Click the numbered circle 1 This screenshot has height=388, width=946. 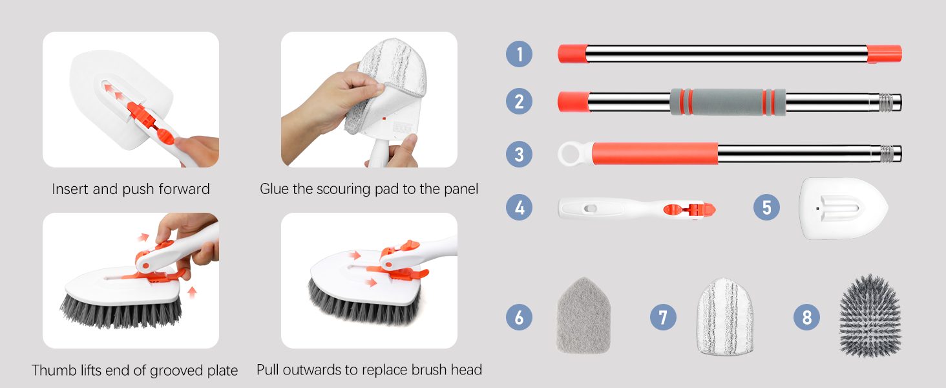click(x=519, y=54)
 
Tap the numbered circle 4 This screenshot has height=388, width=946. click(x=519, y=208)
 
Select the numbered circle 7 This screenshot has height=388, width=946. click(x=663, y=318)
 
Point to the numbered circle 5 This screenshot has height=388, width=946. click(x=766, y=207)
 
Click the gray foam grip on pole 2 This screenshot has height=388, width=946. click(x=728, y=102)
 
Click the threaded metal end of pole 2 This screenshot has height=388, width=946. click(x=890, y=102)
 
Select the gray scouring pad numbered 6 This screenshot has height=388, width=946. click(x=583, y=316)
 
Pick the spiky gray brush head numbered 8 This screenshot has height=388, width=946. click(x=870, y=316)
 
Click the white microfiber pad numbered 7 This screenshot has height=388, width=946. click(x=725, y=316)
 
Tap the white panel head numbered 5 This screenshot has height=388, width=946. click(x=843, y=208)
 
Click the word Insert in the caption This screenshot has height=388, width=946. click(x=70, y=189)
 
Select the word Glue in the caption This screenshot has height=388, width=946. click(x=274, y=189)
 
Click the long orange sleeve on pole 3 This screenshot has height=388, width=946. click(x=655, y=153)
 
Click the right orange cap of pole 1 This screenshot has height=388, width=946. click(x=885, y=54)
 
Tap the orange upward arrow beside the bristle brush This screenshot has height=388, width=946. click(x=192, y=292)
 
